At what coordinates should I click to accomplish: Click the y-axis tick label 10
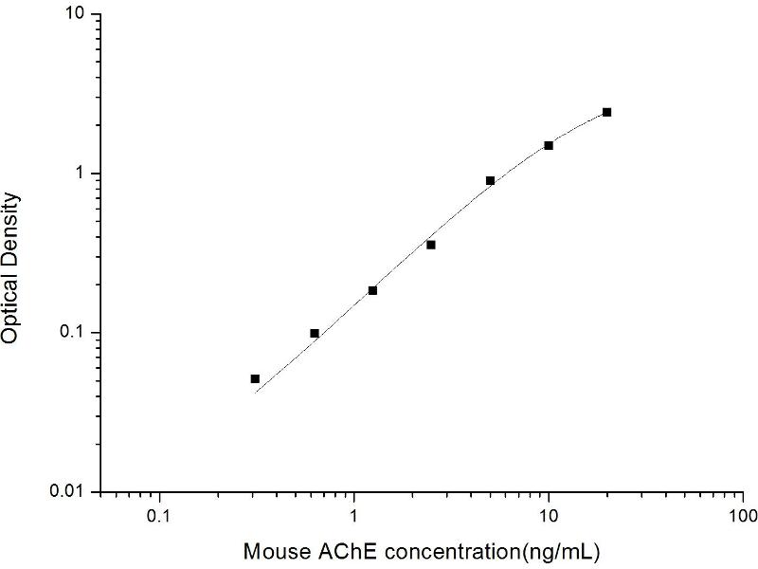pyautogui.click(x=75, y=15)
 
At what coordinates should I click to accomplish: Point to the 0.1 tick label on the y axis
pyautogui.click(x=74, y=333)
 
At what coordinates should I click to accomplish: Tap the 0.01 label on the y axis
pyautogui.click(x=70, y=491)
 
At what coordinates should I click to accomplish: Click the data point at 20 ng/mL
pyautogui.click(x=606, y=112)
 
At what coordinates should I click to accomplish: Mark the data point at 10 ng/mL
pyautogui.click(x=549, y=145)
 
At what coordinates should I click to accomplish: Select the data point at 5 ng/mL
pyautogui.click(x=490, y=180)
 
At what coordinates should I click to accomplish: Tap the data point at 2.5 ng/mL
pyautogui.click(x=431, y=245)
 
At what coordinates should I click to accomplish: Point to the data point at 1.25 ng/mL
pyautogui.click(x=372, y=290)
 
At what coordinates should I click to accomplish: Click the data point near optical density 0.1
pyautogui.click(x=315, y=333)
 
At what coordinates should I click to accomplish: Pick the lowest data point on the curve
pyautogui.click(x=255, y=378)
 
